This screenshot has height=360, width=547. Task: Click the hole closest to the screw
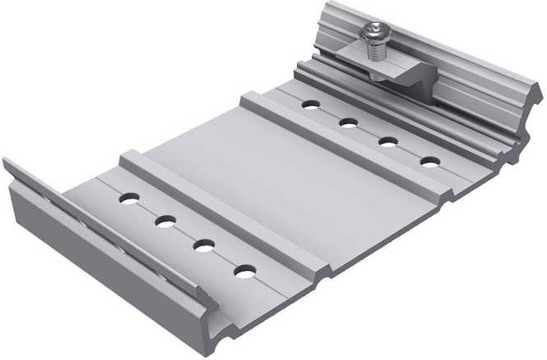click(x=310, y=104)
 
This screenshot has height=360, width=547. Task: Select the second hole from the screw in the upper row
click(x=348, y=123)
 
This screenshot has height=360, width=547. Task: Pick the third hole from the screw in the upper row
click(x=388, y=141)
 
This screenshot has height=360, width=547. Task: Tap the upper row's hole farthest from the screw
click(x=429, y=161)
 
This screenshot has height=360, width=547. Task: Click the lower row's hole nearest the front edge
click(x=243, y=270)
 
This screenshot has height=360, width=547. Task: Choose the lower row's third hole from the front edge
click(x=165, y=220)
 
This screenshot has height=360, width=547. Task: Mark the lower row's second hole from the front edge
click(x=204, y=244)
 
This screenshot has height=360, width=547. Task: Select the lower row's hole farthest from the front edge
click(x=129, y=198)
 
